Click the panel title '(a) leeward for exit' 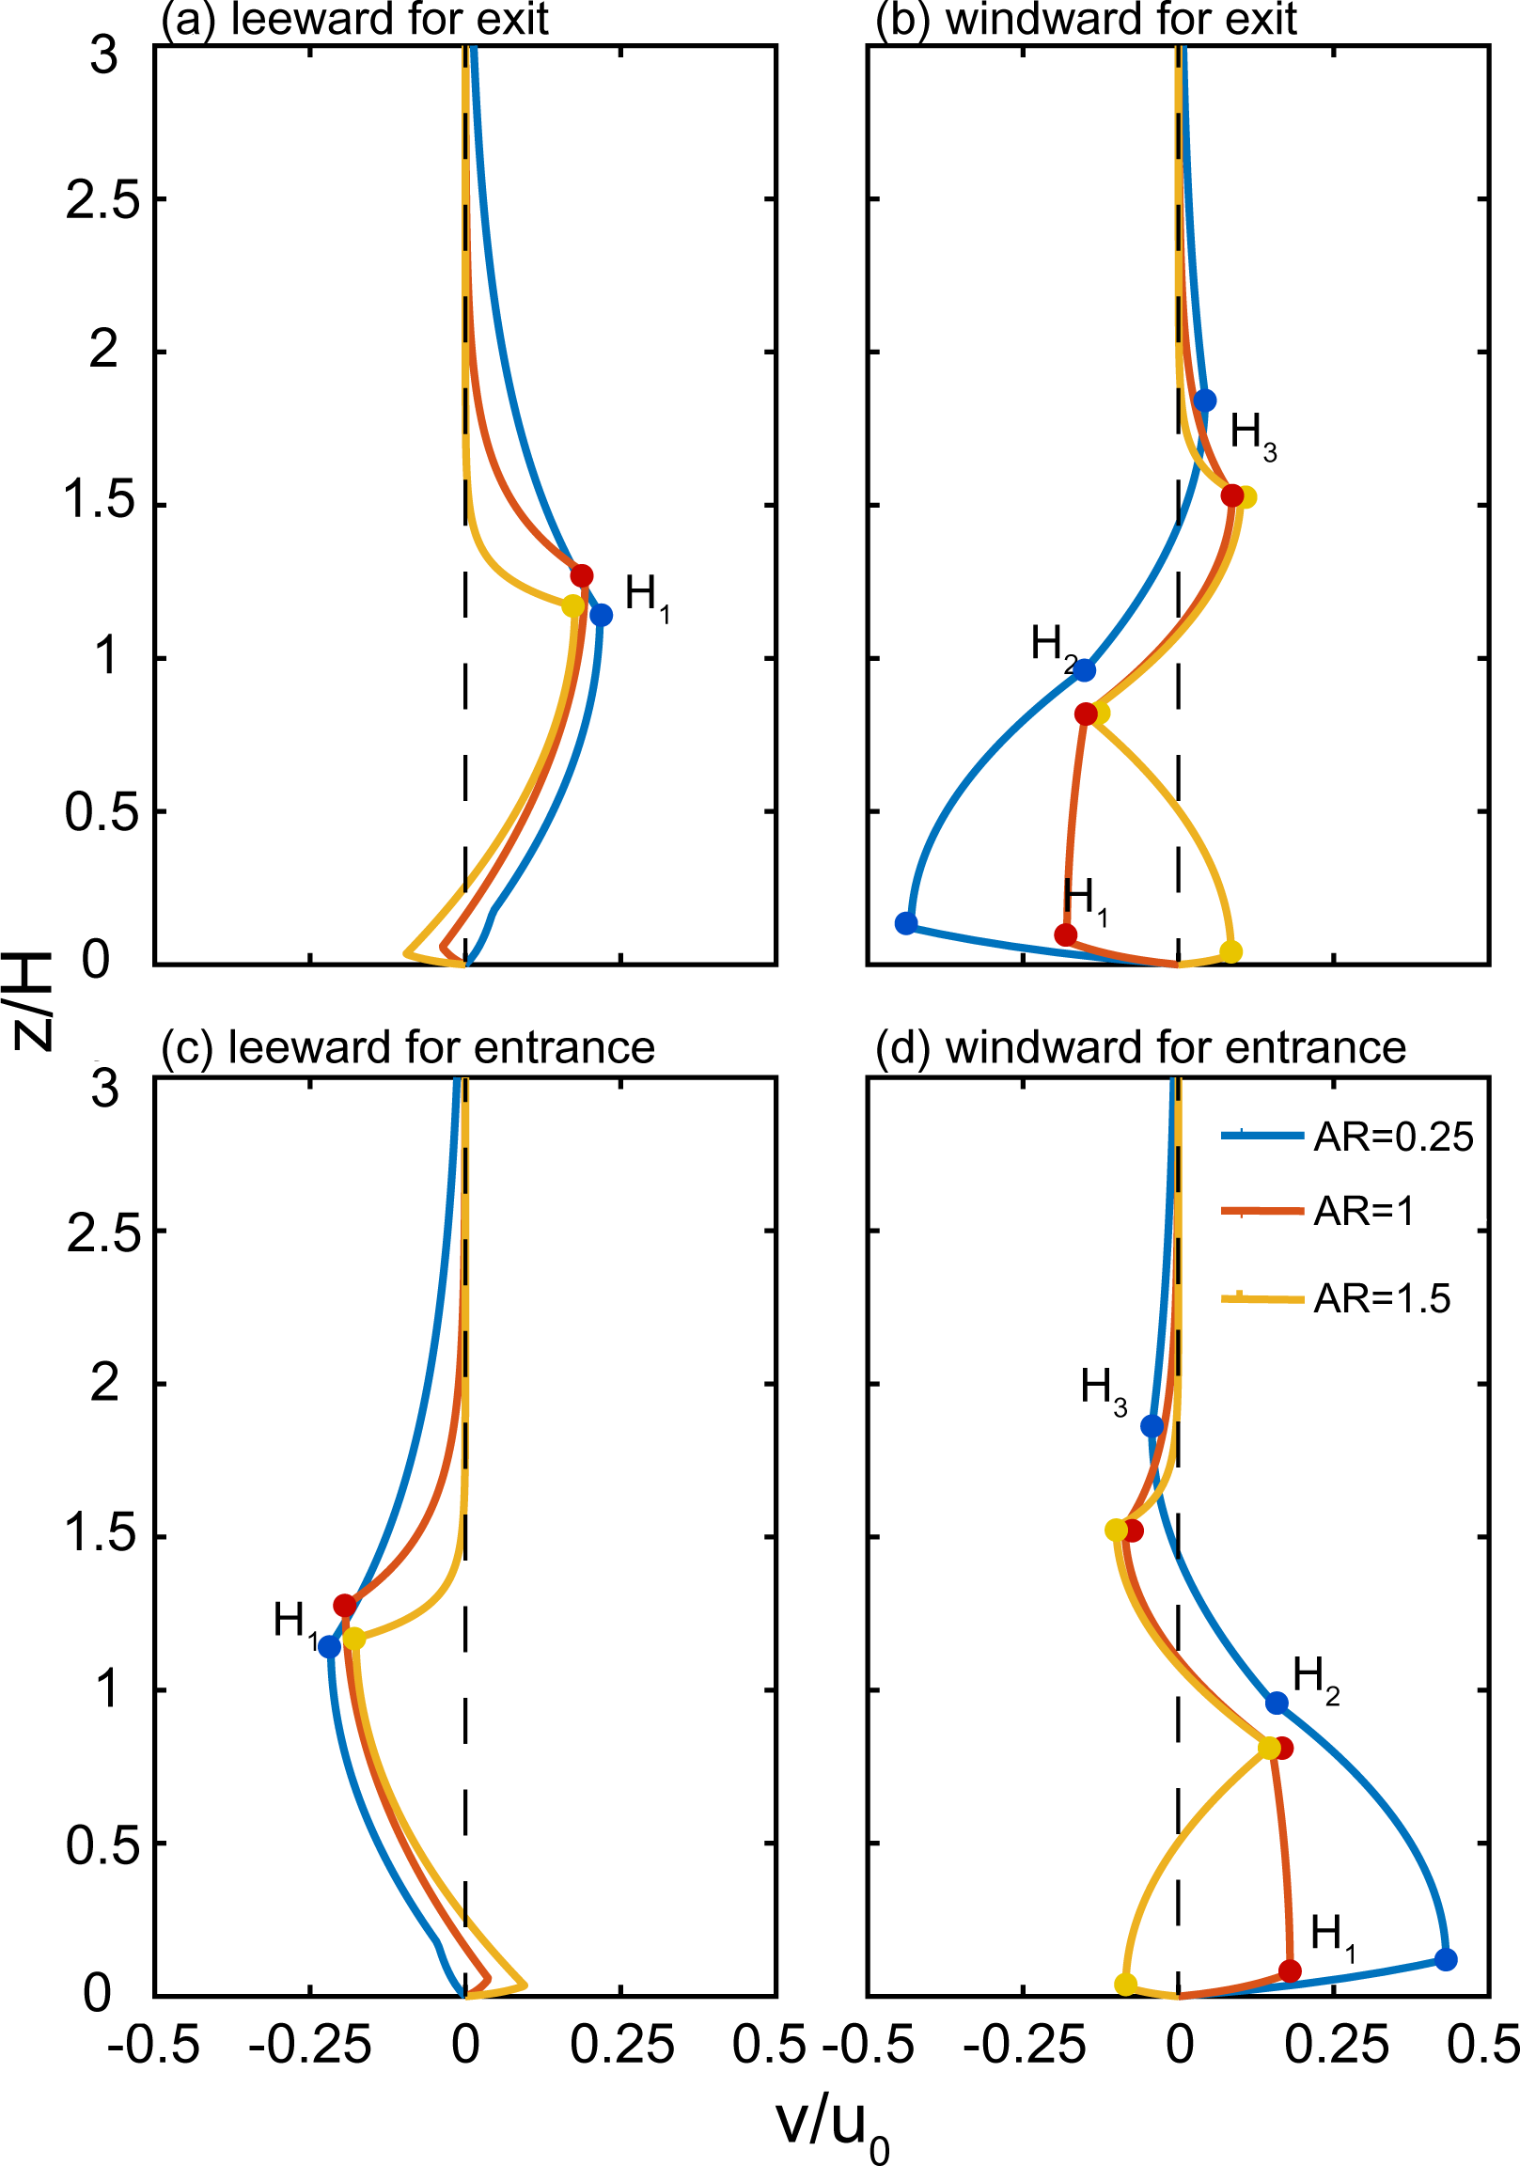point(354,19)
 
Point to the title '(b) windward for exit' point(1086,19)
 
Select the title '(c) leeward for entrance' point(408,1048)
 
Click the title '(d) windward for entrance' point(1141,1048)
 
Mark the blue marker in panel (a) point(601,615)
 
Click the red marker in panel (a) point(581,575)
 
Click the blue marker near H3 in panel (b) point(1205,400)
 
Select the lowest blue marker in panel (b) point(906,922)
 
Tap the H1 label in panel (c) point(294,1623)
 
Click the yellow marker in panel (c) point(353,1639)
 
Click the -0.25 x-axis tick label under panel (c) point(308,2047)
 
